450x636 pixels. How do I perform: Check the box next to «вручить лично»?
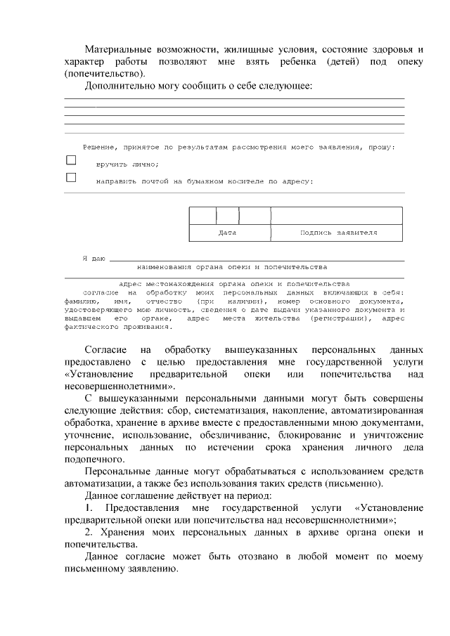coord(71,160)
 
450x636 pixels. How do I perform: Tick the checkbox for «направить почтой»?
coord(71,177)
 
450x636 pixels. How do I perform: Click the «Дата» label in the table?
coord(227,232)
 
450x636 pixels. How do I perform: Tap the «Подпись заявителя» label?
coord(338,232)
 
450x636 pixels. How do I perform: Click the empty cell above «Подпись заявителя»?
coord(337,215)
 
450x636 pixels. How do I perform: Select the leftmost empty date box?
coord(202,215)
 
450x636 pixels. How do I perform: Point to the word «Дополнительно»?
coord(117,86)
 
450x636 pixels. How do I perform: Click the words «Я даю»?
coord(94,259)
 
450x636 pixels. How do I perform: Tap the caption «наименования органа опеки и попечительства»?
coord(232,268)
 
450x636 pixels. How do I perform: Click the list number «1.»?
coord(89,507)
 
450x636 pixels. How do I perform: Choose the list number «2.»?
coord(89,532)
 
